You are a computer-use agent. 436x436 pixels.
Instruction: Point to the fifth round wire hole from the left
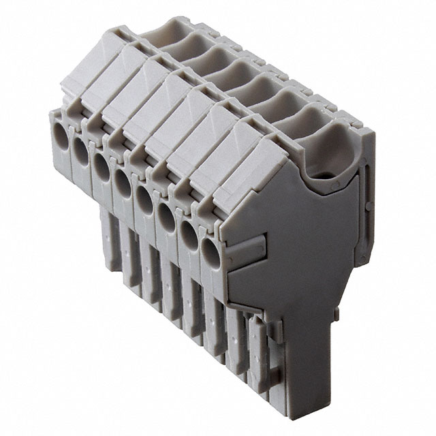point(144,196)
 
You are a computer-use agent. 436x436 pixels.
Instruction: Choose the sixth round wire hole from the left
point(166,214)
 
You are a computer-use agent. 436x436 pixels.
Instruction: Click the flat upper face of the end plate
point(300,225)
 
